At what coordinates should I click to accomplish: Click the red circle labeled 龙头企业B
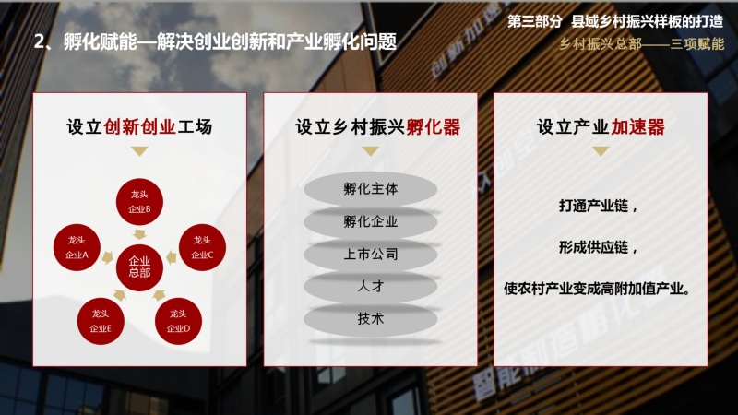click(139, 202)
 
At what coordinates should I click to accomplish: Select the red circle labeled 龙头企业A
click(77, 247)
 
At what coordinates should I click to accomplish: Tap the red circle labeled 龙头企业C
click(202, 247)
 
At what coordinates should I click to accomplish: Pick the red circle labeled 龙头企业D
click(178, 321)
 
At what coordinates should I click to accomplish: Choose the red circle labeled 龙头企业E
click(101, 321)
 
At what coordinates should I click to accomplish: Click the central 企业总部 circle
click(139, 267)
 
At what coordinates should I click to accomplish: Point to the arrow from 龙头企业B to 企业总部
click(139, 234)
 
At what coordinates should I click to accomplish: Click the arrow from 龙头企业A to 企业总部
click(108, 257)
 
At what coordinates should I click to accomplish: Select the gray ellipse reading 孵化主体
click(371, 189)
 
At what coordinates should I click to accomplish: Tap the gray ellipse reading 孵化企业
click(371, 221)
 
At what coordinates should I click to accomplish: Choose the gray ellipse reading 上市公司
click(371, 255)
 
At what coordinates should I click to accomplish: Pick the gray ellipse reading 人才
click(371, 287)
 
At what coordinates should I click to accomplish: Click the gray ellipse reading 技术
click(371, 319)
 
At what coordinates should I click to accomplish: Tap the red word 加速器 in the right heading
click(637, 127)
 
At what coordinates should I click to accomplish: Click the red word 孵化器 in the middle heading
click(433, 127)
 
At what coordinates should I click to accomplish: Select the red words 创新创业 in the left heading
click(139, 127)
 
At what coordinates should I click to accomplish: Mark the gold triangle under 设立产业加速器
click(601, 151)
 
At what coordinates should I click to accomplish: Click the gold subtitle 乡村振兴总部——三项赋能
click(642, 44)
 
